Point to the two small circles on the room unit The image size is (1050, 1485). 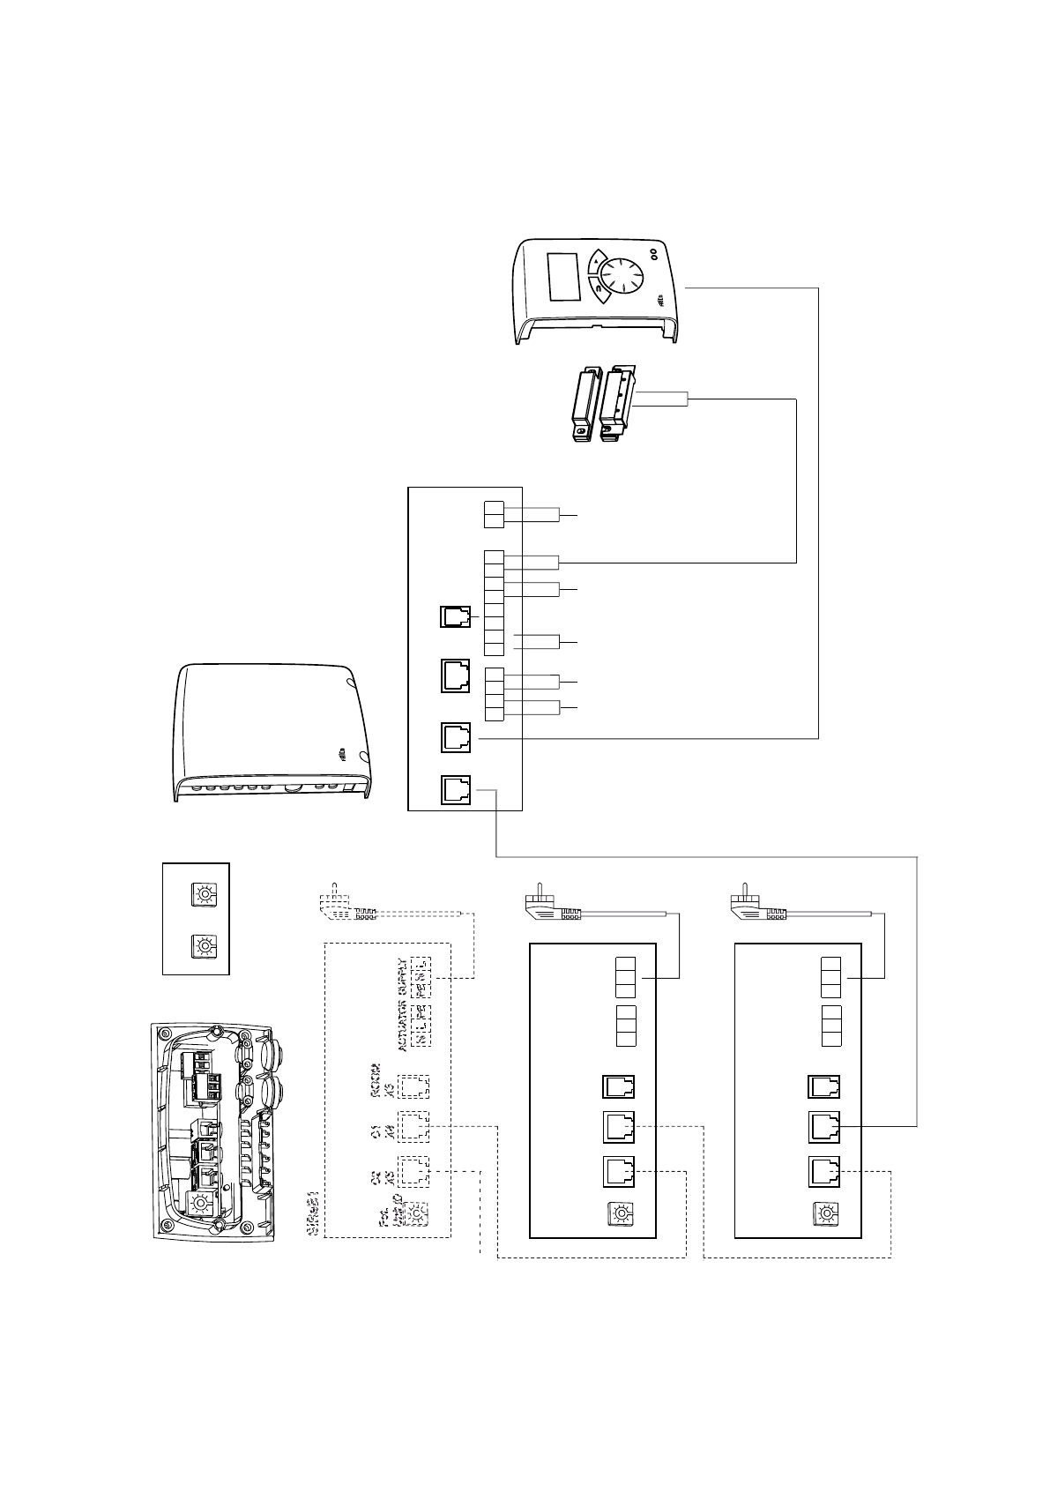pos(655,254)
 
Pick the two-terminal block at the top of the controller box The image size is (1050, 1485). pos(494,515)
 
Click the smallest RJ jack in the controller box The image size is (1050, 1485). pos(457,617)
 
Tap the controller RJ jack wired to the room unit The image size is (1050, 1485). pos(455,738)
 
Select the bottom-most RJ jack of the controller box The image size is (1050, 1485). pos(455,791)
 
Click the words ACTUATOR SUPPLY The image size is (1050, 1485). pos(404,1004)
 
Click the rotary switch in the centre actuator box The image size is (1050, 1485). pos(620,1215)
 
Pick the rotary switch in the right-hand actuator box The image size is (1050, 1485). pos(826,1215)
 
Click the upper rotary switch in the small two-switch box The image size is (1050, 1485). pos(205,895)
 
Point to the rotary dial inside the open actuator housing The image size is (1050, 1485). pos(202,1202)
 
